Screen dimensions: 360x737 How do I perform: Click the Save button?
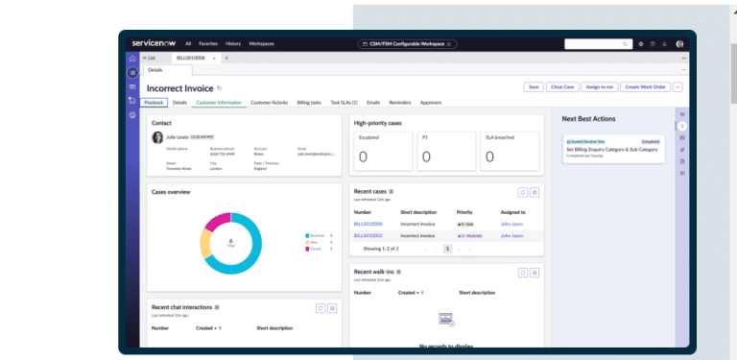point(534,87)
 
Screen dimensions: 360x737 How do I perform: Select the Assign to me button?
point(600,87)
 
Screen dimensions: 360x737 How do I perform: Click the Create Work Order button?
point(645,87)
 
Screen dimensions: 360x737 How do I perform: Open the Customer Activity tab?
point(270,102)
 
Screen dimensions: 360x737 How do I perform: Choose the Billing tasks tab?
point(309,102)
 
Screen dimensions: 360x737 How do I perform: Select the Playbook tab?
point(155,102)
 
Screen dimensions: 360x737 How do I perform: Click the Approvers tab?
point(431,102)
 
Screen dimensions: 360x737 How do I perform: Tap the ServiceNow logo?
point(161,43)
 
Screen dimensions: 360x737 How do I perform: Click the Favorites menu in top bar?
point(207,43)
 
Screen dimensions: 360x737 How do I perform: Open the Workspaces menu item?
point(261,43)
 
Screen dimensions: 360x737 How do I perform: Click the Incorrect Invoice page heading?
point(180,88)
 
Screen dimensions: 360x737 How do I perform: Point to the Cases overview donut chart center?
point(230,242)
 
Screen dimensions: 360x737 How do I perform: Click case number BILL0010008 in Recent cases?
point(368,223)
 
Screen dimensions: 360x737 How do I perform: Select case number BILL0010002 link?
point(368,235)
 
